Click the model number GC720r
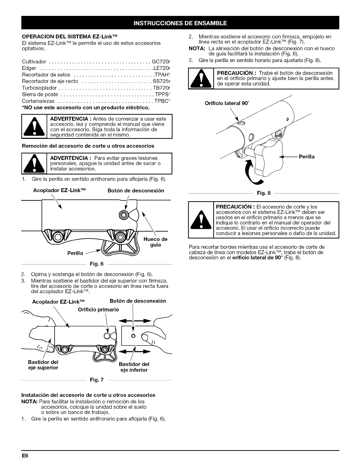(161, 62)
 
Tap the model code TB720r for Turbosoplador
(161, 88)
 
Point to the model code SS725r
(161, 81)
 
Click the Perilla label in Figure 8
(306, 157)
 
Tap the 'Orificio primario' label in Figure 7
(98, 309)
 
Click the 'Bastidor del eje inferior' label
(134, 367)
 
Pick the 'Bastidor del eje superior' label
(43, 365)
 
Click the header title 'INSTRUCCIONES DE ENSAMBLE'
(180, 23)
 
